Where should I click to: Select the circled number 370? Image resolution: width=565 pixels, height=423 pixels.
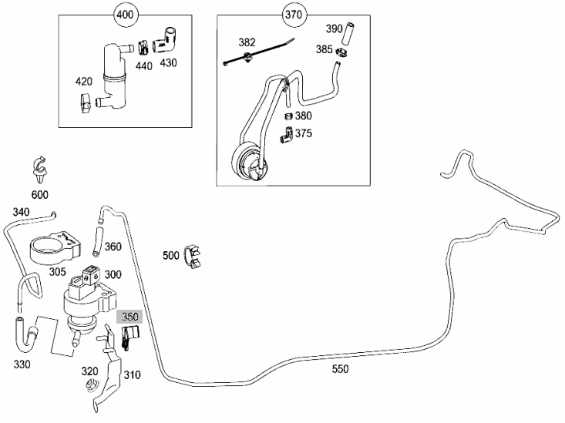tap(294, 14)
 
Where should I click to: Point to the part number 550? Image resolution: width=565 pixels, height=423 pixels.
tap(339, 369)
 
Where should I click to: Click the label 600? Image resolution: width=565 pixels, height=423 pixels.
tap(39, 195)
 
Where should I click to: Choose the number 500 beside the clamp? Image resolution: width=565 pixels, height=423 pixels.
tap(171, 255)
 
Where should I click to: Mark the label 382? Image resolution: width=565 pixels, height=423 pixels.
tap(247, 42)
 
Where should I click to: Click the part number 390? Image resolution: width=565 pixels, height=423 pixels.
tap(333, 29)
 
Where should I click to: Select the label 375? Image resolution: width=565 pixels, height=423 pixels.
tap(304, 133)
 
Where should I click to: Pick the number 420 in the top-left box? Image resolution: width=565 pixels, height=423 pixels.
tap(84, 80)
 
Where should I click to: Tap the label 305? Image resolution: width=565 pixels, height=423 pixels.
tap(36, 270)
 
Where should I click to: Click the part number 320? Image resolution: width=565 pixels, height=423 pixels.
tap(91, 371)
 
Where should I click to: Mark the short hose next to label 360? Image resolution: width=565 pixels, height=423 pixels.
tap(96, 238)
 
